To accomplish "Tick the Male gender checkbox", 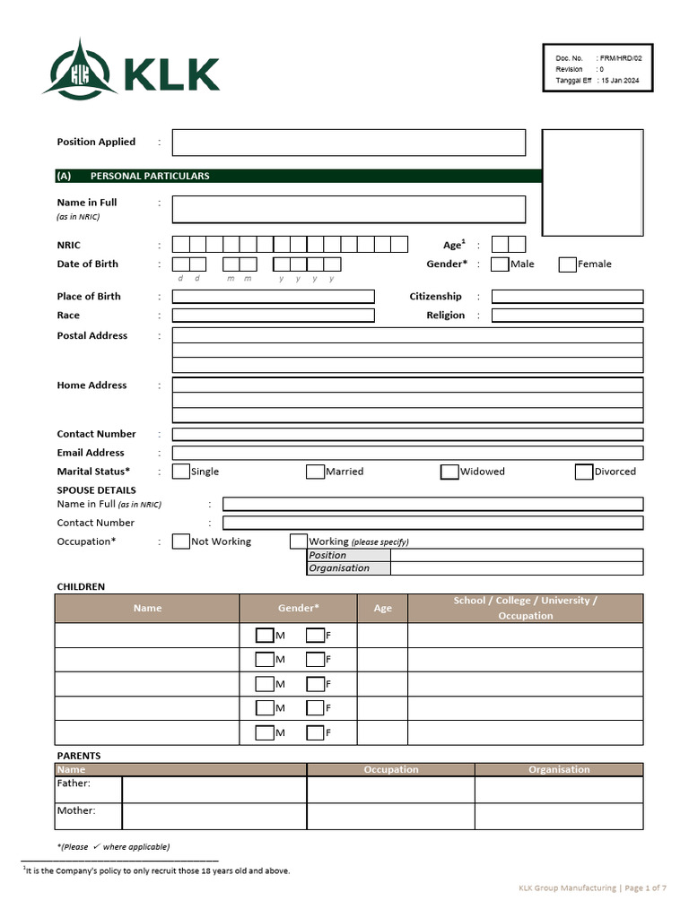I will coord(500,264).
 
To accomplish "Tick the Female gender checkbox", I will coord(567,264).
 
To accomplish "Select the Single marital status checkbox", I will coord(181,472).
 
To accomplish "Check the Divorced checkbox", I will coord(584,472).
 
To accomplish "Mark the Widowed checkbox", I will coord(449,472).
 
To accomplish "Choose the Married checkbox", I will coord(315,472).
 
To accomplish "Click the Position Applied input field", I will coord(348,143).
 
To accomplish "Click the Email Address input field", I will coord(407,454).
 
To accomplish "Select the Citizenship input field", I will coord(567,297).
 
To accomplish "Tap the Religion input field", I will coord(567,316).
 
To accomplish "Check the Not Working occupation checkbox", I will coord(181,541).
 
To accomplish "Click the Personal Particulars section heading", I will coord(150,176).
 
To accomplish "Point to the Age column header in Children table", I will coord(382,608).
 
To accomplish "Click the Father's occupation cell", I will coord(390,789).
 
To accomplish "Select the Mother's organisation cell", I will coord(558,816).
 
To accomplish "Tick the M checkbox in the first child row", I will coord(265,636).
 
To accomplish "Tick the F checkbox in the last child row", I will coord(315,732).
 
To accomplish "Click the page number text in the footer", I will coord(645,888).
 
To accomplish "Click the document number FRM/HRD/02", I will coord(621,57).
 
